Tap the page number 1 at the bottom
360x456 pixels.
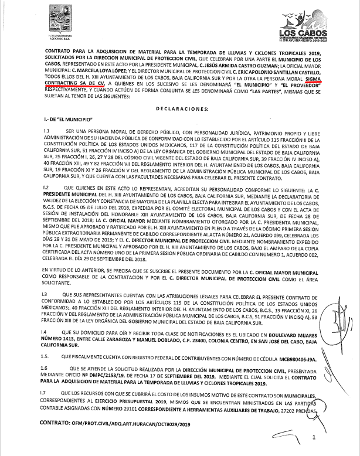[314, 437]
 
